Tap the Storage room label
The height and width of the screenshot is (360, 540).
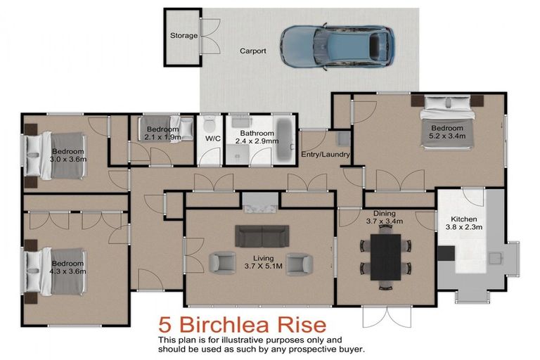pyautogui.click(x=184, y=35)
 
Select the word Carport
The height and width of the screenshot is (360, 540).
pyautogui.click(x=252, y=51)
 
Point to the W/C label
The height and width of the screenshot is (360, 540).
pyautogui.click(x=213, y=138)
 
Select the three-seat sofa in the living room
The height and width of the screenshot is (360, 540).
pyautogui.click(x=262, y=236)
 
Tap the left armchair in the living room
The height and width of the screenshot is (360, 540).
pyautogui.click(x=224, y=263)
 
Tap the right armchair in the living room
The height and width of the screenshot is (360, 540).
pyautogui.click(x=299, y=263)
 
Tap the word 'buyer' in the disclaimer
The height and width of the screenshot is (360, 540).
pyautogui.click(x=347, y=349)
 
